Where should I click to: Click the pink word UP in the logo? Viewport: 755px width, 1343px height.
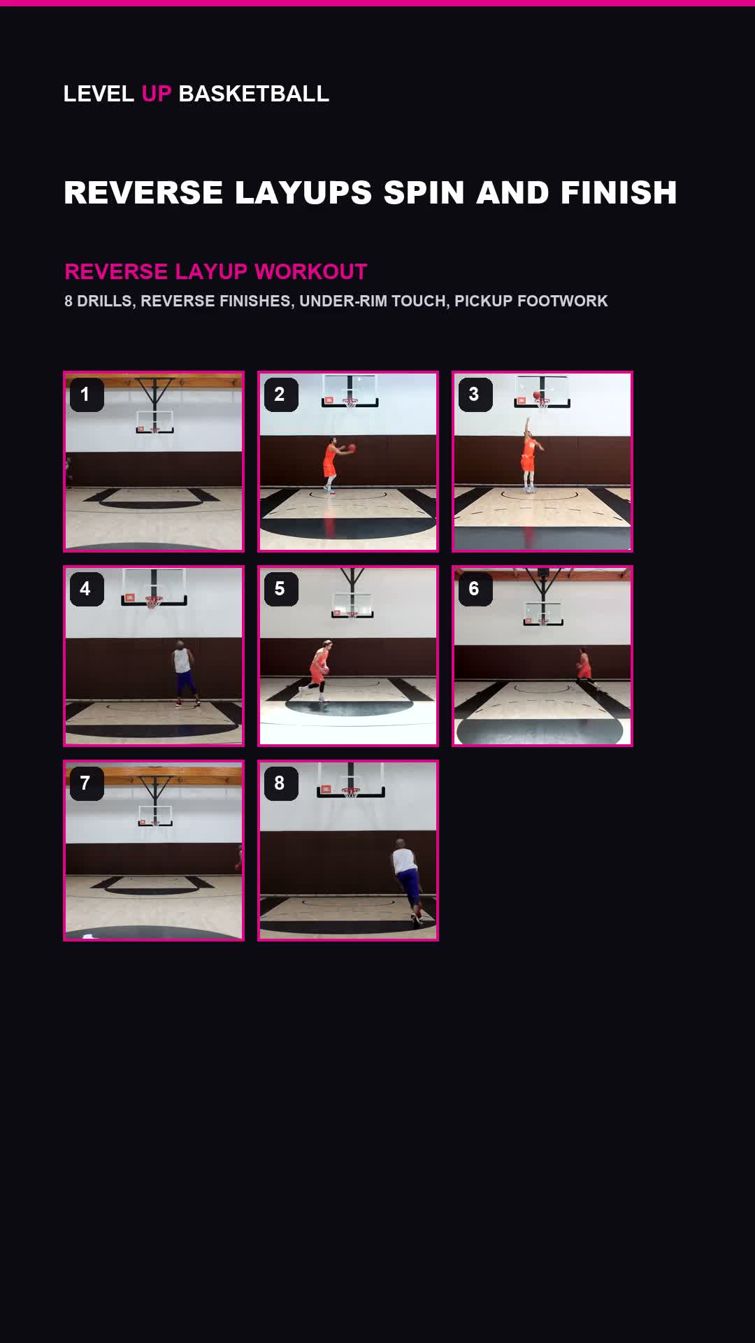tap(156, 94)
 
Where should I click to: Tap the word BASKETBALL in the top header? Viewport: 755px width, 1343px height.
tap(254, 94)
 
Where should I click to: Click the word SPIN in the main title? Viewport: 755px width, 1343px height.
tap(424, 192)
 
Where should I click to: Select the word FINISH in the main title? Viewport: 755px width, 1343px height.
tap(618, 192)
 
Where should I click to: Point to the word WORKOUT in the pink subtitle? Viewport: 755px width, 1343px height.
tap(311, 271)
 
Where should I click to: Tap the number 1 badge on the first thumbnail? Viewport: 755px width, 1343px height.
tap(87, 395)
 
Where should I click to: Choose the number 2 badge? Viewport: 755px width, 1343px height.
tap(281, 395)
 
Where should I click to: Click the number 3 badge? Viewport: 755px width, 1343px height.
tap(475, 395)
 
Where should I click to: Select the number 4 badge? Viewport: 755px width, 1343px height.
tap(87, 589)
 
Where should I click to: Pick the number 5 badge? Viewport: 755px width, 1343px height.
tap(281, 589)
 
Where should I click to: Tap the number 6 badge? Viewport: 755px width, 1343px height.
tap(475, 589)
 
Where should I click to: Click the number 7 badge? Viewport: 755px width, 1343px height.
tap(87, 783)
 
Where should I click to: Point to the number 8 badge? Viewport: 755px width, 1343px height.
tap(281, 783)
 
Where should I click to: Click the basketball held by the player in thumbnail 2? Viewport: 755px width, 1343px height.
tap(352, 448)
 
